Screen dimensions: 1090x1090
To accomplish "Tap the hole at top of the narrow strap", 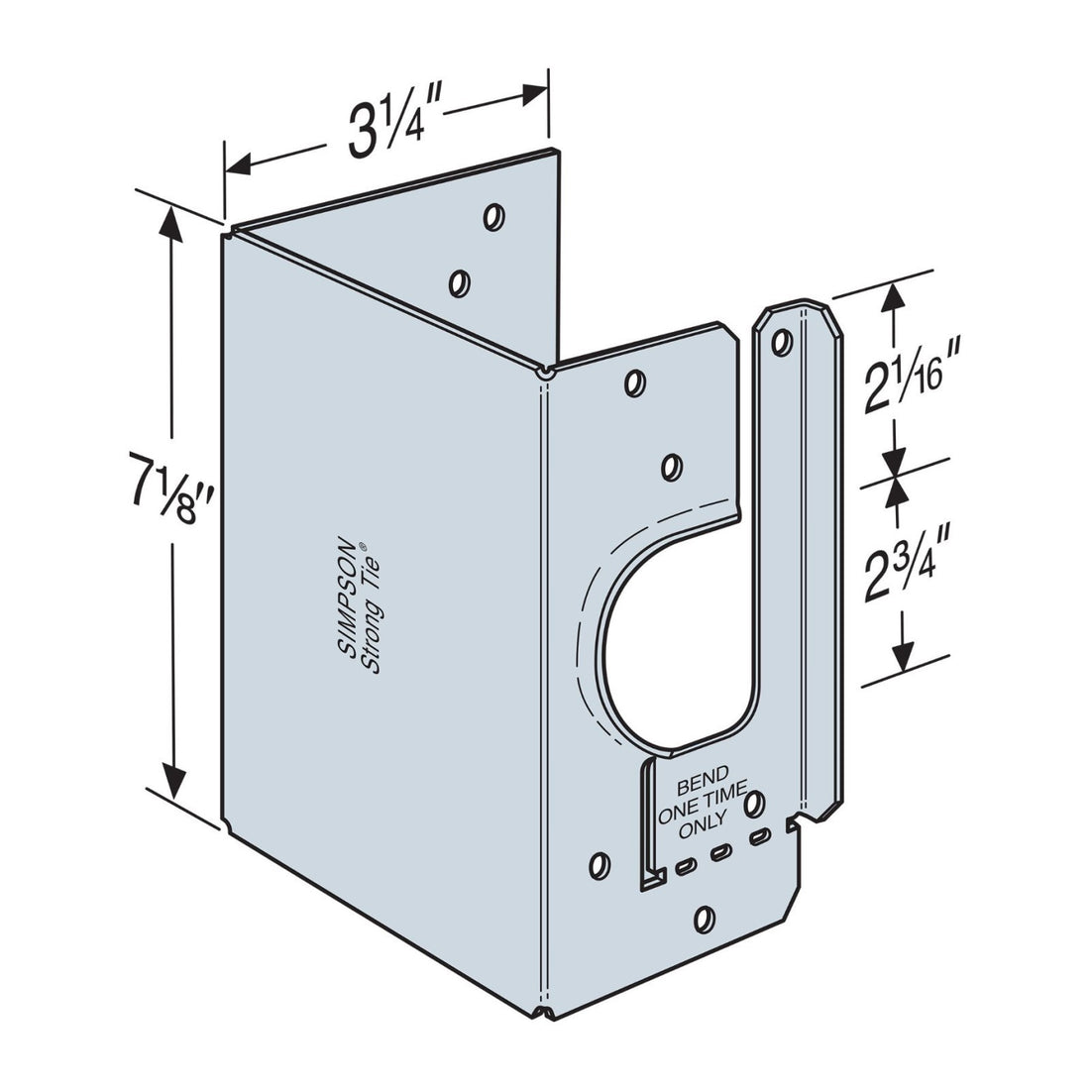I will (784, 343).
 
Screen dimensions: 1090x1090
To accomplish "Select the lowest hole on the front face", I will (705, 918).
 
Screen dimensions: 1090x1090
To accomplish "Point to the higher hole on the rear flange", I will (492, 216).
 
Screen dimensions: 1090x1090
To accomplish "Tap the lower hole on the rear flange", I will (458, 283).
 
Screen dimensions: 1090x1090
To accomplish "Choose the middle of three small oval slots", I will (720, 853).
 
